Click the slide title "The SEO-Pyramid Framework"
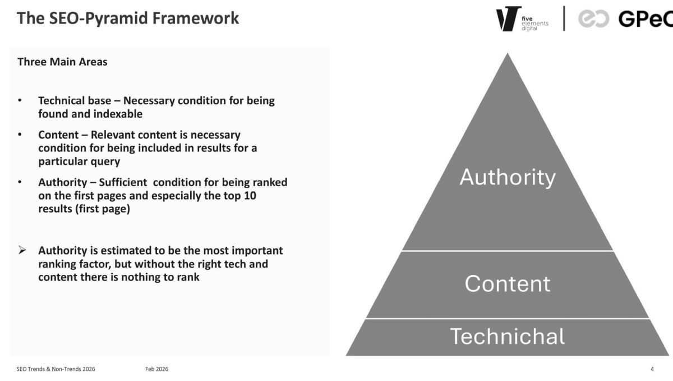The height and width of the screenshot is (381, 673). (x=128, y=18)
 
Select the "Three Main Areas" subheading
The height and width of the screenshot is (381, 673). (x=62, y=62)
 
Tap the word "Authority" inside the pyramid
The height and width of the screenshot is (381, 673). (x=507, y=177)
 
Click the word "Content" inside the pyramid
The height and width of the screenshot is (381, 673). (x=507, y=284)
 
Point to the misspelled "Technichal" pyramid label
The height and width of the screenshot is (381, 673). (x=507, y=336)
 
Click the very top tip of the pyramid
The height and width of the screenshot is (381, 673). (x=508, y=55)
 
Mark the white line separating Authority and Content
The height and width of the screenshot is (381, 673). (x=507, y=250)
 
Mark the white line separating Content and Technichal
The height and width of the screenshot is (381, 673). (x=507, y=319)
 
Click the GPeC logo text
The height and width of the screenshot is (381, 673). (x=645, y=18)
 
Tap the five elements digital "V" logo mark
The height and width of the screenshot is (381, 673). (x=508, y=18)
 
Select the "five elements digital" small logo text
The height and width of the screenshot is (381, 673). (x=534, y=22)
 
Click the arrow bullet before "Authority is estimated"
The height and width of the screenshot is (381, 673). (x=22, y=250)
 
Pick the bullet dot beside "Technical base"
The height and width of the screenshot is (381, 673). (x=20, y=101)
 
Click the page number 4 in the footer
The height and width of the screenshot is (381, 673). (x=652, y=369)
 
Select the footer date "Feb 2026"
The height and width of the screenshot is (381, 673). (x=156, y=369)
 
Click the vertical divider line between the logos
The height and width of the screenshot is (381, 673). (x=564, y=18)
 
